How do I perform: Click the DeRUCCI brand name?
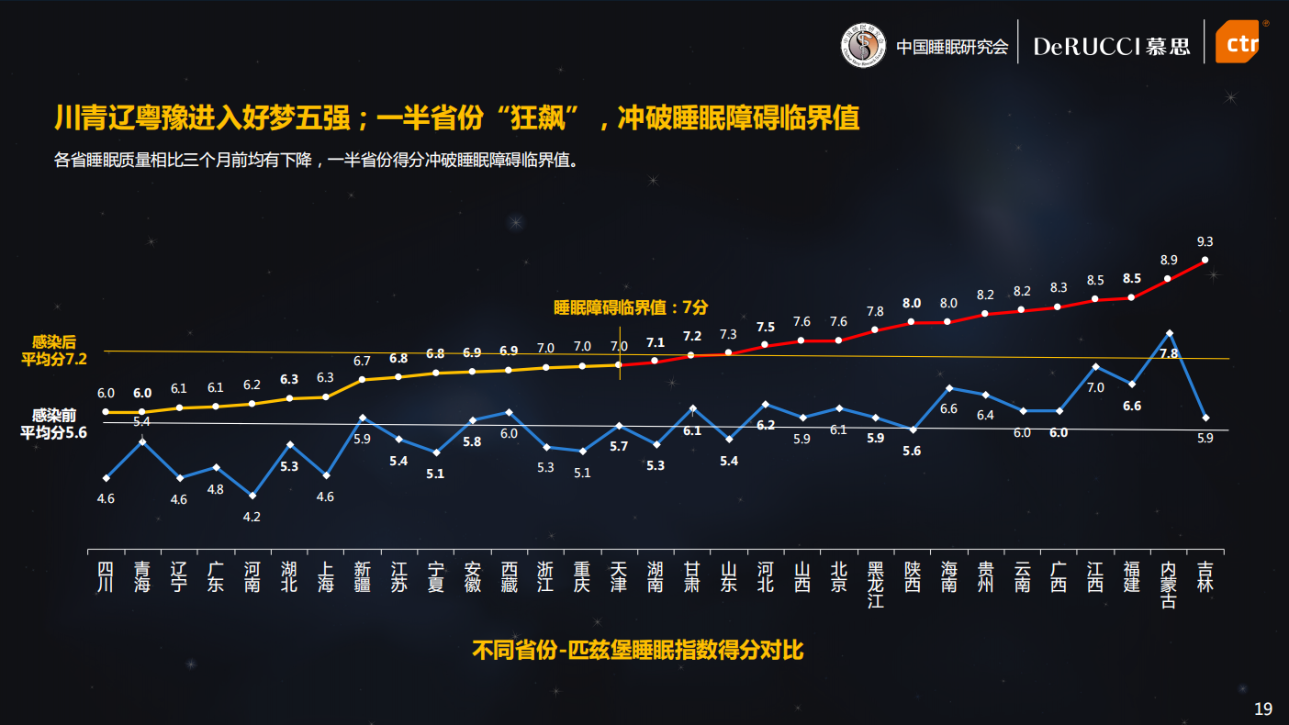1087,46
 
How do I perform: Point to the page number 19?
1263,708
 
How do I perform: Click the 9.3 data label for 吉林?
1205,241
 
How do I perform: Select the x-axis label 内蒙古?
1169,585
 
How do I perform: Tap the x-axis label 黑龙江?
875,585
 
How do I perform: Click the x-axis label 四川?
106,576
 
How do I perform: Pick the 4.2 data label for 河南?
252,517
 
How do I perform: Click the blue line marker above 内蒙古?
1169,332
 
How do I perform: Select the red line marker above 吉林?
1205,261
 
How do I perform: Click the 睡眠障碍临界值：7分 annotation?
631,307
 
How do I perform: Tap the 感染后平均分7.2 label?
54,350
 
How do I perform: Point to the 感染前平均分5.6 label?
54,423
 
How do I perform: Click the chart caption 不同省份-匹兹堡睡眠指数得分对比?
638,651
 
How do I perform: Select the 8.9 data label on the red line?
1169,260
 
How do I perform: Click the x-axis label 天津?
619,576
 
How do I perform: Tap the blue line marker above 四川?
106,477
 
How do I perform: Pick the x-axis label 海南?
948,576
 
